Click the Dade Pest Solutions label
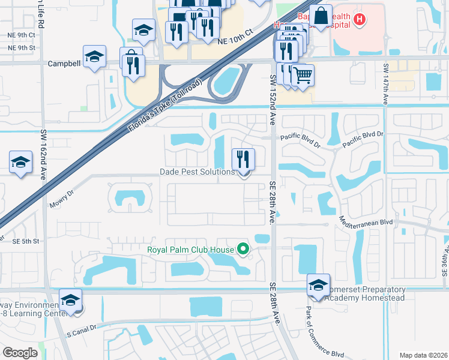197,172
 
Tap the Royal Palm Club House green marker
243,248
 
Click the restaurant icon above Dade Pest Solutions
244,159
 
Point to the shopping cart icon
303,76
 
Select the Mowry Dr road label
62,199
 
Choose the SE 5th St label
25,241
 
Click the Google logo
20,352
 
